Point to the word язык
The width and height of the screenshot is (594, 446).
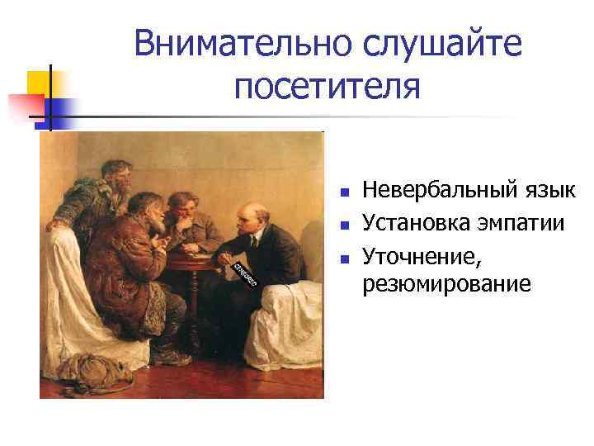tap(551, 192)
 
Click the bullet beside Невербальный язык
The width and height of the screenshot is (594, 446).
tap(346, 193)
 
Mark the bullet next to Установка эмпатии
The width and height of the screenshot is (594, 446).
tap(346, 225)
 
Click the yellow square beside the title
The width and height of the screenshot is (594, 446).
tap(38, 83)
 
